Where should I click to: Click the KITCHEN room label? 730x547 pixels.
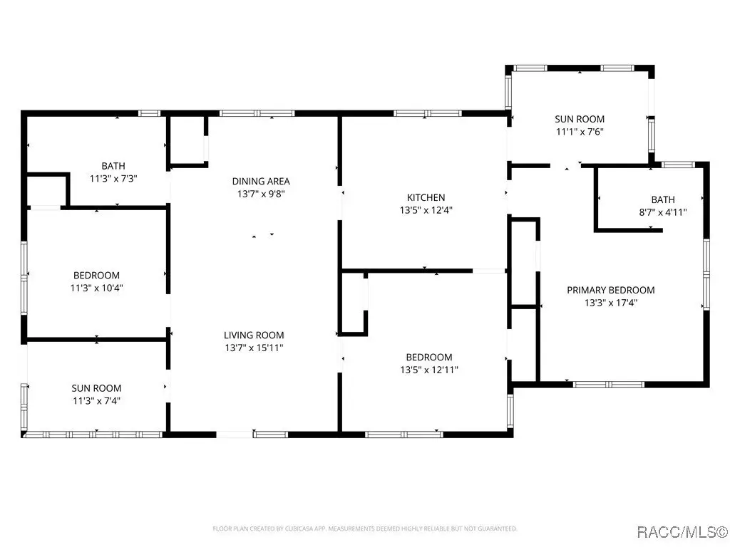click(426, 197)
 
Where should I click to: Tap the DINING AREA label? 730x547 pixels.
click(261, 181)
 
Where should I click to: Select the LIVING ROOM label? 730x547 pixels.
click(254, 335)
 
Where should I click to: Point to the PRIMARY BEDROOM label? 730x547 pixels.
click(611, 290)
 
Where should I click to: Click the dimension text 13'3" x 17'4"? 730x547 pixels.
click(611, 303)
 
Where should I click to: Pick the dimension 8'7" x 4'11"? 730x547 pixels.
click(662, 212)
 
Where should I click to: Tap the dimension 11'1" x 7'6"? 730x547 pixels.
click(580, 132)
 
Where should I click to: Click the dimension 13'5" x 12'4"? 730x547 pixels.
click(426, 210)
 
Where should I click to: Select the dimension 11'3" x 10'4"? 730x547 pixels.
click(96, 288)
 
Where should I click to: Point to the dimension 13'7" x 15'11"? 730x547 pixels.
click(254, 348)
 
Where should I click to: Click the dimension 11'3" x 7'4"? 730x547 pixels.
click(96, 401)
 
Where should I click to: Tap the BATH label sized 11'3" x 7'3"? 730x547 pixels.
click(113, 165)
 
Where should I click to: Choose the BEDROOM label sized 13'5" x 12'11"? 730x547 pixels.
click(428, 358)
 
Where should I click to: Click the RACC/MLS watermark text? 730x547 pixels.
click(682, 531)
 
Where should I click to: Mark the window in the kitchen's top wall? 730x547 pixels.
click(428, 113)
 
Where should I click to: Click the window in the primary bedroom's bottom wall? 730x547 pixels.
click(609, 384)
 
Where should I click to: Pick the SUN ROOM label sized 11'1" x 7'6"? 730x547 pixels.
click(580, 119)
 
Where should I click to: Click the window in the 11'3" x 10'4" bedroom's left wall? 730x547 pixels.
click(24, 277)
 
